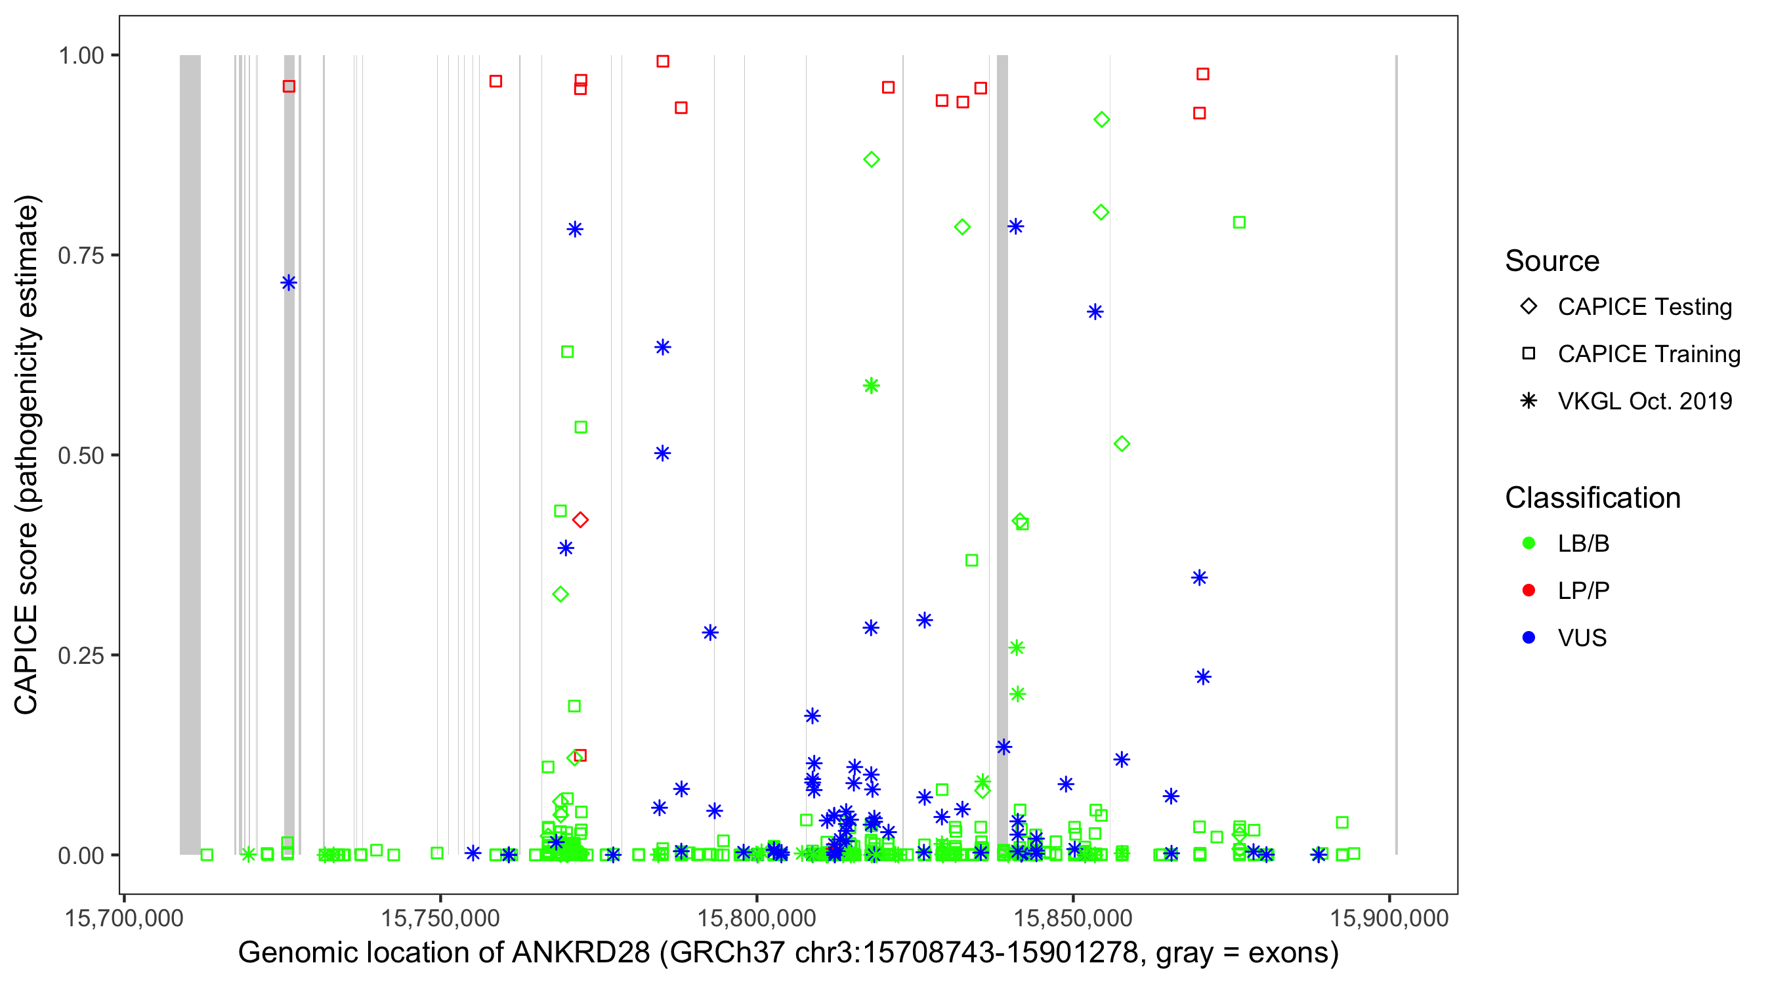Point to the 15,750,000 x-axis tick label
point(440,918)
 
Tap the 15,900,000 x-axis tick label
point(1389,918)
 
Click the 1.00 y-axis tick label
point(81,56)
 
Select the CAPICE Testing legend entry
point(1644,307)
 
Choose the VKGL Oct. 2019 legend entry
point(1644,401)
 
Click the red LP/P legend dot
point(1529,590)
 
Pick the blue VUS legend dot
point(1529,638)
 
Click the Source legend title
point(1552,261)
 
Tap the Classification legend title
point(1592,498)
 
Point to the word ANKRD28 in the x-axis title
point(581,953)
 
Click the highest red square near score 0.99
point(662,61)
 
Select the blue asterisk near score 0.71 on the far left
point(289,283)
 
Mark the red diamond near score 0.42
point(581,520)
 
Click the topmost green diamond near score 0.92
point(1101,119)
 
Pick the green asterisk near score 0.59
point(872,386)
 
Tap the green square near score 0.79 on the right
point(1239,223)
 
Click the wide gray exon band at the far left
point(190,454)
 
